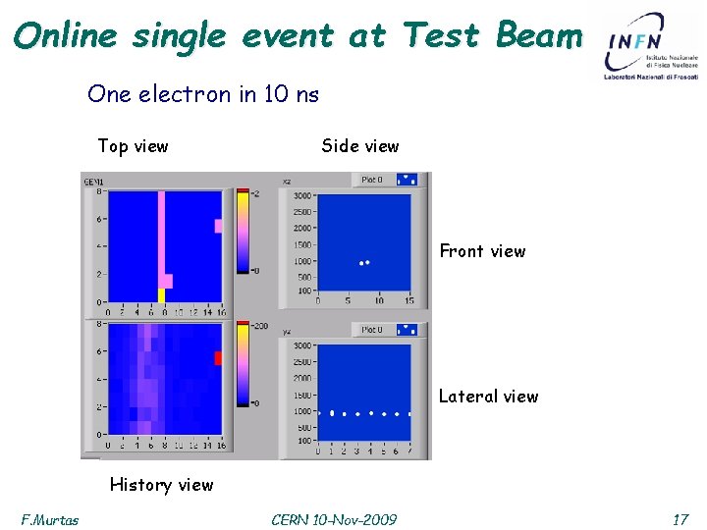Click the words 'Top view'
(x=133, y=146)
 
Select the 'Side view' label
(x=359, y=146)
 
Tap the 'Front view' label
(x=482, y=251)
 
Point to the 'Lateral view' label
(x=488, y=397)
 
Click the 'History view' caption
(x=161, y=484)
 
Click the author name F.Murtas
(x=50, y=519)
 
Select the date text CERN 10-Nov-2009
(x=334, y=519)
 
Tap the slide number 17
(x=680, y=519)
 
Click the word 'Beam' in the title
(x=539, y=35)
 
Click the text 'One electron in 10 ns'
(x=203, y=94)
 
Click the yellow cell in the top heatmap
(x=161, y=294)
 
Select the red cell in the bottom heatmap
(x=218, y=358)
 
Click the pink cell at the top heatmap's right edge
(x=218, y=226)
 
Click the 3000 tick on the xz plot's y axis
(x=302, y=196)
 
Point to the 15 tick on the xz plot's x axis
(x=408, y=300)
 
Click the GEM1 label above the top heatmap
(x=94, y=182)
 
